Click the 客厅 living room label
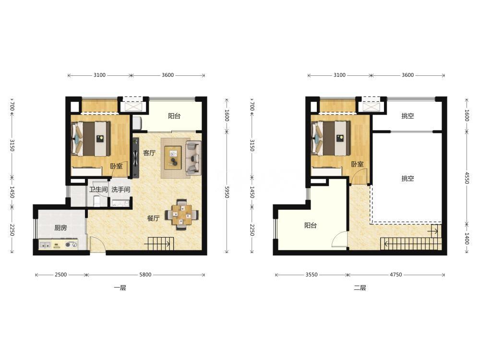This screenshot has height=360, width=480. [149, 153]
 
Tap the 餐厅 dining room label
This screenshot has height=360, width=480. [154, 218]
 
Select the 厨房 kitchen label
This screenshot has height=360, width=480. [60, 228]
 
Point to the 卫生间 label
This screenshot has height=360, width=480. [98, 190]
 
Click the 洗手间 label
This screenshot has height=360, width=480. [120, 190]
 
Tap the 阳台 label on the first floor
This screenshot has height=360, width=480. [174, 116]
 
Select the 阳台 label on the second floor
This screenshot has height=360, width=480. [311, 225]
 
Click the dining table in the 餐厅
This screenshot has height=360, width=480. [182, 215]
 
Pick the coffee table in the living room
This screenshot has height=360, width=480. [173, 157]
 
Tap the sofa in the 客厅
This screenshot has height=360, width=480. [193, 158]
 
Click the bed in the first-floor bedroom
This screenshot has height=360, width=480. [91, 139]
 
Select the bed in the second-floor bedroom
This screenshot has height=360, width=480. [331, 139]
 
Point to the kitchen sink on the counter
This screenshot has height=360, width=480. [45, 245]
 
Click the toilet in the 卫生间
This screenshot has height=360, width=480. [96, 201]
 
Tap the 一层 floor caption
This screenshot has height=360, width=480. [120, 288]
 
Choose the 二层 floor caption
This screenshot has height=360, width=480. [360, 288]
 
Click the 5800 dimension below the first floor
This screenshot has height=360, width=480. [145, 275]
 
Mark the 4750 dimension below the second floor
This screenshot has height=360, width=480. [396, 275]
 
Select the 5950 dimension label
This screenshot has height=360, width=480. [227, 192]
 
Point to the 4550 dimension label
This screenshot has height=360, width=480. [467, 178]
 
